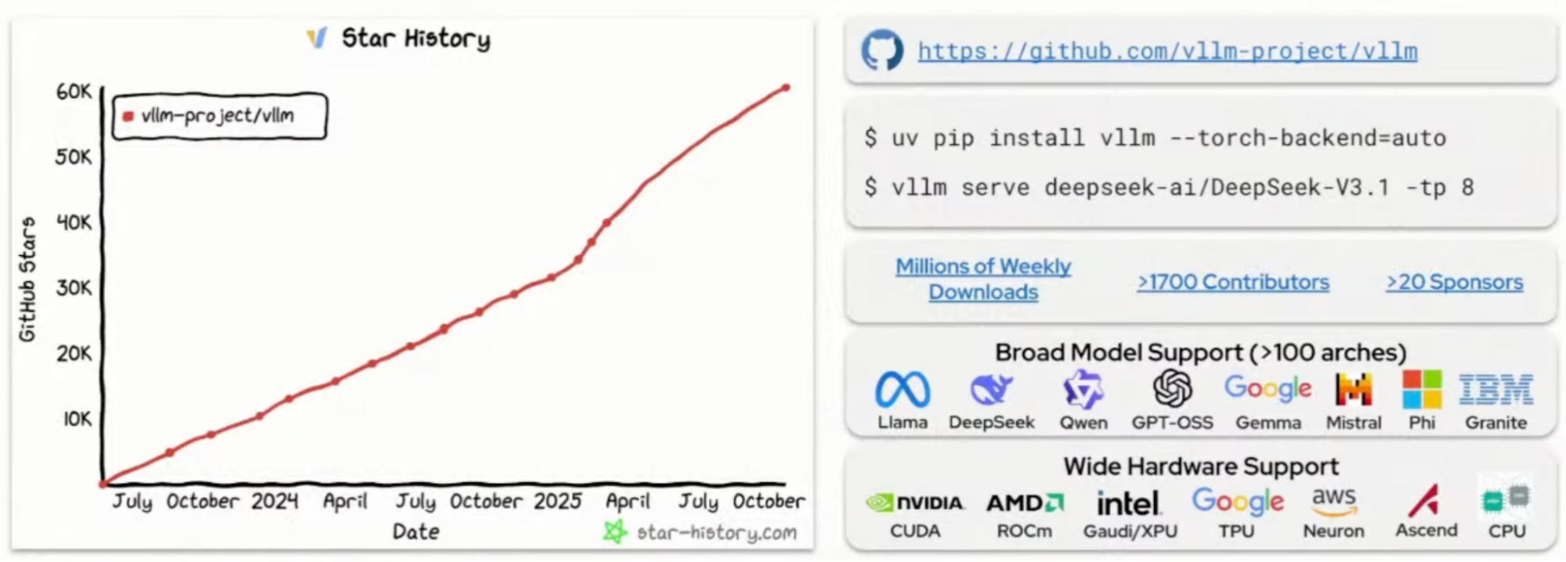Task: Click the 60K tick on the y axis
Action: pos(74,92)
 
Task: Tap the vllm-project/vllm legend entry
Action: pos(217,117)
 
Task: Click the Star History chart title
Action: pos(415,38)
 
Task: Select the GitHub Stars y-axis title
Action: pos(27,279)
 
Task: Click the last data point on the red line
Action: pos(786,88)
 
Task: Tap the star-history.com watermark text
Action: pos(716,533)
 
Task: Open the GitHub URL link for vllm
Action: pos(1167,52)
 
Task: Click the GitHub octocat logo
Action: pos(882,51)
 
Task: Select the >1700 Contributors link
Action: pos(1233,282)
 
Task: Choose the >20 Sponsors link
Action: pos(1455,282)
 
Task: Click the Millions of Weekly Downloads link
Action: pos(983,279)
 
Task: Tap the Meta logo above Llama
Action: pos(902,389)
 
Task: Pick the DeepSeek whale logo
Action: pos(991,389)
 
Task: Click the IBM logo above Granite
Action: pos(1495,389)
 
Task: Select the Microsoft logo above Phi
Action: pos(1422,389)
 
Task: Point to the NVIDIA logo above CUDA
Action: pos(915,503)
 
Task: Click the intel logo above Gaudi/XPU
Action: pos(1128,503)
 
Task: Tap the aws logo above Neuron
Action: pos(1333,501)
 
